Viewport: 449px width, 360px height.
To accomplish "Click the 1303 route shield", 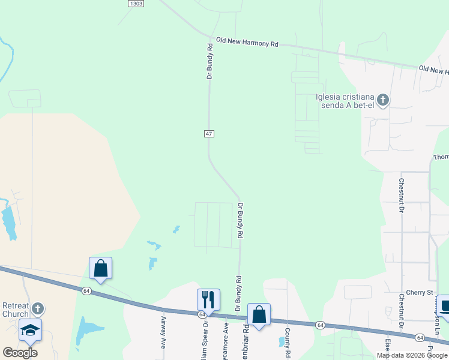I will (136, 4).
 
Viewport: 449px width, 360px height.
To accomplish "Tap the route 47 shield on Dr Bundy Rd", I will (209, 133).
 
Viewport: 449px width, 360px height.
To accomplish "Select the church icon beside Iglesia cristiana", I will (383, 100).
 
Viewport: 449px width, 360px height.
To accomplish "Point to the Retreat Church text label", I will (15, 310).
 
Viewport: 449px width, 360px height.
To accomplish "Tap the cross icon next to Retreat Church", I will (37, 309).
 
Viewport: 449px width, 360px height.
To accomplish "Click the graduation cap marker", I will (30, 331).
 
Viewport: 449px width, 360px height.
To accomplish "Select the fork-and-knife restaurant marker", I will (208, 298).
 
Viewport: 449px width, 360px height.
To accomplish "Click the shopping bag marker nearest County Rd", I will (259, 314).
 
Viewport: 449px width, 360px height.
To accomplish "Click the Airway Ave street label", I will (163, 333).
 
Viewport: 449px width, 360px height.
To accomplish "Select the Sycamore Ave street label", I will (226, 335).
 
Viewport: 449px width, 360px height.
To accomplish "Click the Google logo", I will (20, 353).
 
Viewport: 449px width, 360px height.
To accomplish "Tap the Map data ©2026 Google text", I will (412, 355).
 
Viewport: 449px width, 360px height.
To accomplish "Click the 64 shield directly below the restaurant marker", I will (203, 314).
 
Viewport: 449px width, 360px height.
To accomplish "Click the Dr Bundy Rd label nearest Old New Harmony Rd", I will (209, 61).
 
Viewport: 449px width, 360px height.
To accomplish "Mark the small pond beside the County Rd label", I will (281, 341).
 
